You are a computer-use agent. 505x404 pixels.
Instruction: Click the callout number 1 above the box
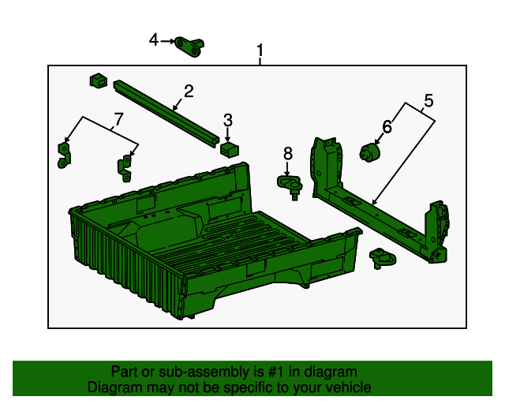click(x=260, y=53)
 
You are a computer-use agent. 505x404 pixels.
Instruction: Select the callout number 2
click(x=189, y=91)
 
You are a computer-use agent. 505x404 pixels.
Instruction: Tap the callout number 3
click(x=227, y=120)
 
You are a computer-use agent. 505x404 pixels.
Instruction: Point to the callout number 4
click(x=154, y=39)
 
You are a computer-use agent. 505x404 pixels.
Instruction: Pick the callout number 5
click(x=428, y=100)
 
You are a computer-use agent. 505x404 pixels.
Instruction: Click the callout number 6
click(x=387, y=126)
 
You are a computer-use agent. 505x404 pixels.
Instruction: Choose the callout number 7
click(x=118, y=119)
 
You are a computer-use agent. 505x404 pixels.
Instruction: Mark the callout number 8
click(x=287, y=153)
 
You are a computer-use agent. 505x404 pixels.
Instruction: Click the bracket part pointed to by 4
click(x=189, y=48)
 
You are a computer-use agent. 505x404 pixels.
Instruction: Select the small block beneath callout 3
click(x=229, y=148)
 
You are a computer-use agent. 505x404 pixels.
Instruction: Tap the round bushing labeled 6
click(x=370, y=152)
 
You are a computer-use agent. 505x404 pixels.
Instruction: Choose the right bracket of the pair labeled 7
click(x=125, y=165)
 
